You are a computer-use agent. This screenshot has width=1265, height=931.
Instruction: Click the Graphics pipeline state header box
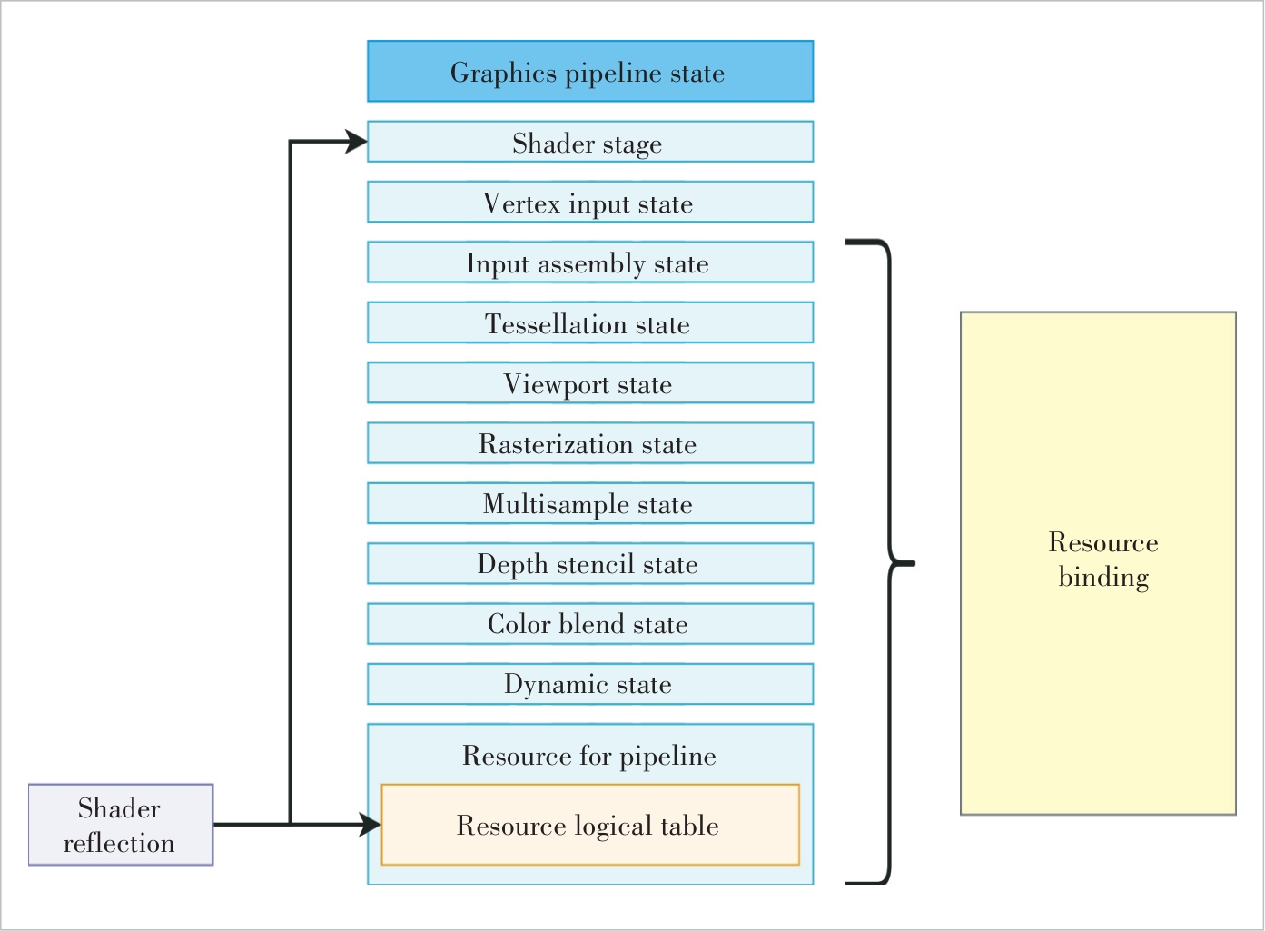[x=590, y=71]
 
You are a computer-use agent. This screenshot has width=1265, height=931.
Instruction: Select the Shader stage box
[x=590, y=142]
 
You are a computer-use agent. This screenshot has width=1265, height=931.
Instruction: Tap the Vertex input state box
[x=590, y=202]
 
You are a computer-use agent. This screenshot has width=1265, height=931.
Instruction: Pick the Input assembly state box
[x=590, y=262]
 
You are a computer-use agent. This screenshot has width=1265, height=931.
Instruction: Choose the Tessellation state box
[x=590, y=322]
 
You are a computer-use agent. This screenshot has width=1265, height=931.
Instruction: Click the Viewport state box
[x=590, y=382]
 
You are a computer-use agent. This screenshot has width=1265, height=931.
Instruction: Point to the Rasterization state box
[x=590, y=443]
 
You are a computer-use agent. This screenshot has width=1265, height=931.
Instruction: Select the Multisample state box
[x=590, y=503]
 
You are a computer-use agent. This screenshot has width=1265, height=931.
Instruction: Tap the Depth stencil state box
[x=590, y=563]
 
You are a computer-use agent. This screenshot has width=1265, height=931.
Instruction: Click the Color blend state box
[x=590, y=624]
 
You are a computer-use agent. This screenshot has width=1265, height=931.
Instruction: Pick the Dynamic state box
[x=590, y=684]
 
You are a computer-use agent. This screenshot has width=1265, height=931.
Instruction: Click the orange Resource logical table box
[x=590, y=825]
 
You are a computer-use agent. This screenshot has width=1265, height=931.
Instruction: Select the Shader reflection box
[x=121, y=825]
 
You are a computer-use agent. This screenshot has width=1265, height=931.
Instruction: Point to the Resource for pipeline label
[x=589, y=756]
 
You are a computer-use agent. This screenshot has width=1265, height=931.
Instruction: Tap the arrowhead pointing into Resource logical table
[x=371, y=825]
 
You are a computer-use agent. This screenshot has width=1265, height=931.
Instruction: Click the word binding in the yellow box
[x=1103, y=578]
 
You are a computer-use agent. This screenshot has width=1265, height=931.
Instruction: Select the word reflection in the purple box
[x=119, y=843]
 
